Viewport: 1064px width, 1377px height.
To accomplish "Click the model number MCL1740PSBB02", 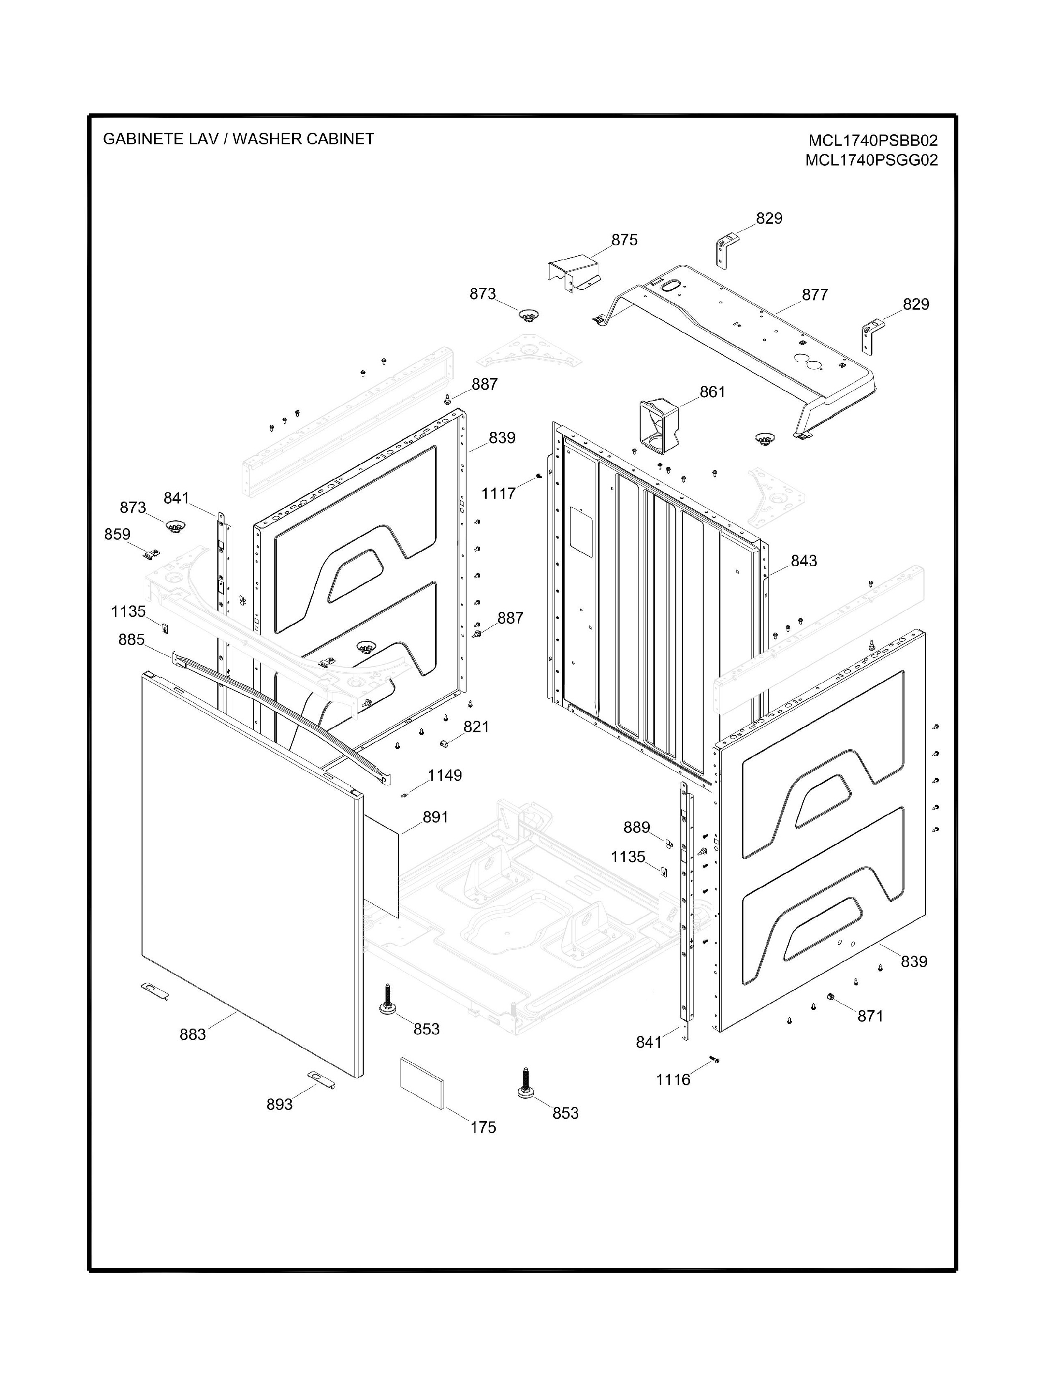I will tap(873, 139).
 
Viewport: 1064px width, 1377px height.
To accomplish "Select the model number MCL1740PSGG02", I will tap(871, 160).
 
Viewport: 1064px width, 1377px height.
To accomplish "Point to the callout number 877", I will tap(814, 295).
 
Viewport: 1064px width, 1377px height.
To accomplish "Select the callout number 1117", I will tap(499, 494).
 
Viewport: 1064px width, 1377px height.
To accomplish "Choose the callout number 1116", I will tap(673, 1079).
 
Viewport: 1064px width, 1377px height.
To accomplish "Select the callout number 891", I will tap(435, 817).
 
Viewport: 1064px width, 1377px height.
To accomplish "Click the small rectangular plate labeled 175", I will tap(422, 1082).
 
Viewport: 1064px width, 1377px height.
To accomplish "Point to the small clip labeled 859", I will tap(150, 554).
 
